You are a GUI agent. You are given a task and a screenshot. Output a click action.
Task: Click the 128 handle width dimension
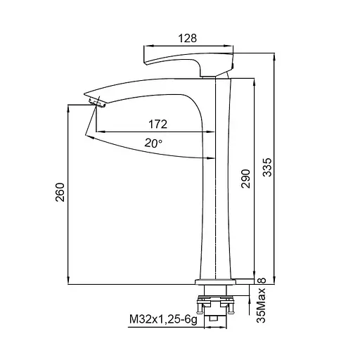[x=188, y=38]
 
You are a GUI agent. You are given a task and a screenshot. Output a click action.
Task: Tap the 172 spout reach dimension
[x=158, y=124]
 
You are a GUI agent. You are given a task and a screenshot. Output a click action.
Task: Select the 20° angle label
[x=153, y=143]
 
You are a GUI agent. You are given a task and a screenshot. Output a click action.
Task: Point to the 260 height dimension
[x=60, y=192]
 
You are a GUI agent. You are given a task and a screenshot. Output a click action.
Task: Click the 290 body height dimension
[x=245, y=179]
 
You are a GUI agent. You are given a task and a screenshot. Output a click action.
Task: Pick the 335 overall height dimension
[x=267, y=167]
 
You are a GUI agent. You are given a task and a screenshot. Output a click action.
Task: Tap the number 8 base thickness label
[x=262, y=281]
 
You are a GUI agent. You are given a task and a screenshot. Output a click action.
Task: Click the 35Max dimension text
[x=261, y=305]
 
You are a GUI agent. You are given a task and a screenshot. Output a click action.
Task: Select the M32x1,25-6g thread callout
[x=163, y=319]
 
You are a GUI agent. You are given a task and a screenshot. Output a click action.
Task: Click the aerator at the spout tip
[x=97, y=102]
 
